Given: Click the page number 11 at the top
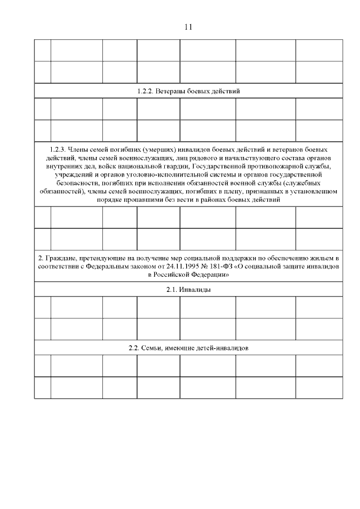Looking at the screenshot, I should pyautogui.click(x=188, y=27).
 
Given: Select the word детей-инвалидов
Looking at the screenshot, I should pyautogui.click(x=222, y=348).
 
